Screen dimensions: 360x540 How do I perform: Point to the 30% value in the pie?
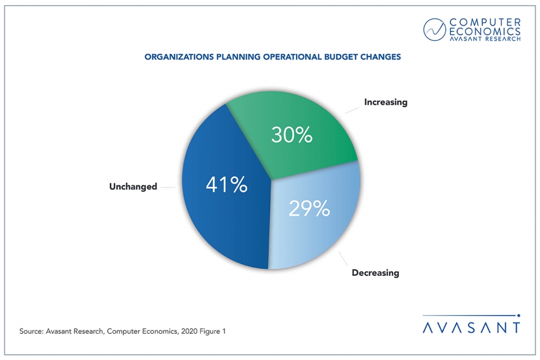[291, 135]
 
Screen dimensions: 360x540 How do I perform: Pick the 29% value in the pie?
[309, 208]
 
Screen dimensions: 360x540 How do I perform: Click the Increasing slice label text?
[385, 102]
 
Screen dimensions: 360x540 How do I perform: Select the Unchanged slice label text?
[133, 186]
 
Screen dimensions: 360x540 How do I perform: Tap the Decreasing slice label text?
[375, 272]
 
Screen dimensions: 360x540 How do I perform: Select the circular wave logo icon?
[436, 30]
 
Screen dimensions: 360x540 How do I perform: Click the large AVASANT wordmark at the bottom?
[471, 327]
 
